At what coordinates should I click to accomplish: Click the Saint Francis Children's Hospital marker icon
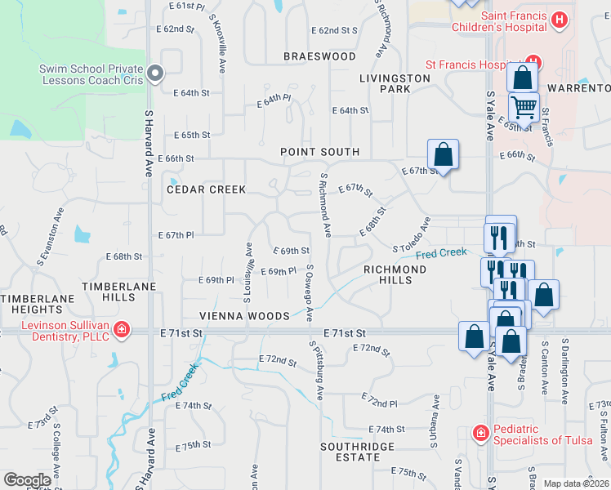[560, 20]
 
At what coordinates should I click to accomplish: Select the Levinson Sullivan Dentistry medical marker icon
[122, 330]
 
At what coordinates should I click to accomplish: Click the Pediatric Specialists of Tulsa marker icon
[482, 432]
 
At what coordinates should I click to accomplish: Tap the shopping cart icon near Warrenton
[524, 106]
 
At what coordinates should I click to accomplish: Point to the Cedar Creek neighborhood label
[206, 189]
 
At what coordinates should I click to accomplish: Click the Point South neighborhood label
[319, 152]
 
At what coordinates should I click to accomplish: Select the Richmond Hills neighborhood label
[395, 274]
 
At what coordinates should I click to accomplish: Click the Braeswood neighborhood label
[319, 56]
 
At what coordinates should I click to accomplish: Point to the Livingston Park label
[395, 82]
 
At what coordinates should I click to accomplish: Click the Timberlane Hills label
[108, 292]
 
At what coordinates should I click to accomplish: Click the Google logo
[27, 480]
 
